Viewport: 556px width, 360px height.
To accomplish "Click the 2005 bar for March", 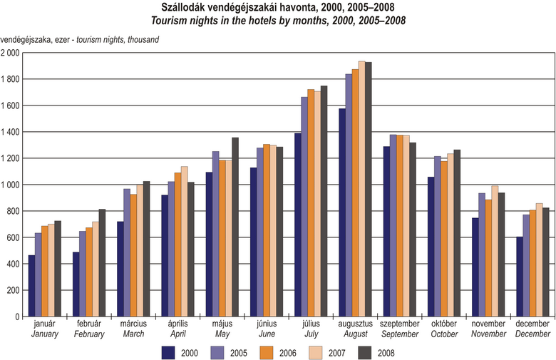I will (x=126, y=252).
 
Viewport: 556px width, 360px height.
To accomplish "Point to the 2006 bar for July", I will (x=311, y=202).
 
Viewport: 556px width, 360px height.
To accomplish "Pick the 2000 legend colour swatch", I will (x=169, y=351).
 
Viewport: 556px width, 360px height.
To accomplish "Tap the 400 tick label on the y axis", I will (x=14, y=264).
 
